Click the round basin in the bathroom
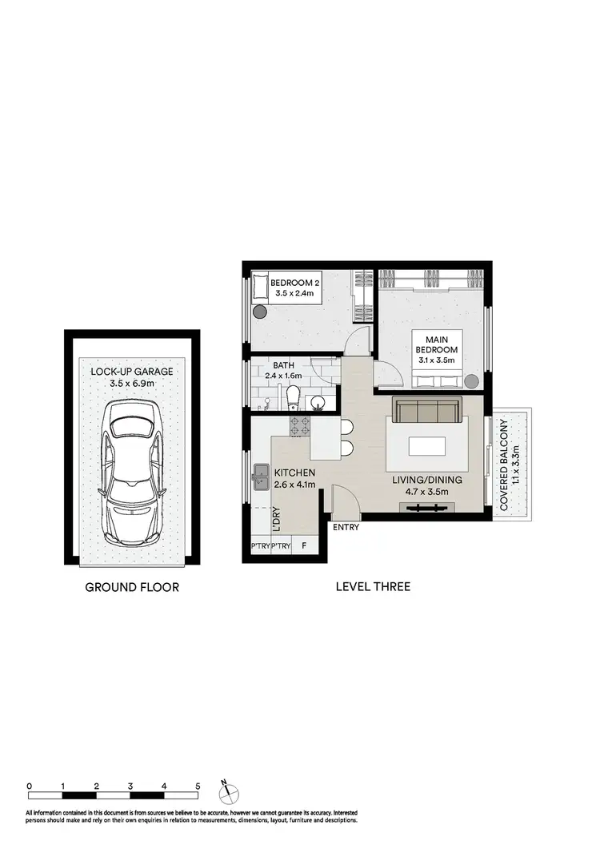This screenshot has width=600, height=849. click(x=318, y=402)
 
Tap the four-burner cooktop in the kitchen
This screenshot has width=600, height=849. click(x=299, y=426)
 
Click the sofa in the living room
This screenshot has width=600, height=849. click(x=425, y=411)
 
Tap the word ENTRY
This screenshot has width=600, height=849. click(x=346, y=528)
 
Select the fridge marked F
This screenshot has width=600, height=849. click(x=304, y=547)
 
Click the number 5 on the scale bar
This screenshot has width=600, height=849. click(x=197, y=786)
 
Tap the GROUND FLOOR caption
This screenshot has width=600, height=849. click(x=132, y=587)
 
